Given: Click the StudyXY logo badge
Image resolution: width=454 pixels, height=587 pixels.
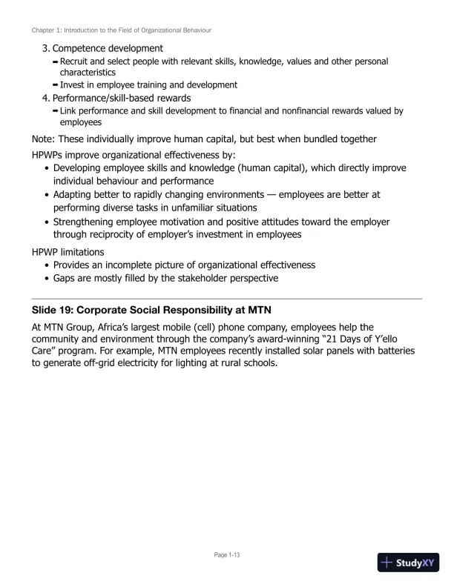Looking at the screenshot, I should pos(408,563).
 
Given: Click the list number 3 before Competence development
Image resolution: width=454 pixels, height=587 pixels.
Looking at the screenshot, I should pos(45,48).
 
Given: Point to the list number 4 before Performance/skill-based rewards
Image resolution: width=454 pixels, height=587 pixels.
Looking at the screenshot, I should pos(45,98).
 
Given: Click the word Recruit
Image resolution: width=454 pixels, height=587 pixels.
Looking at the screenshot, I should pos(77,61).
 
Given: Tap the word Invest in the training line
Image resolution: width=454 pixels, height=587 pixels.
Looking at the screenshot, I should pos(75,85).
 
